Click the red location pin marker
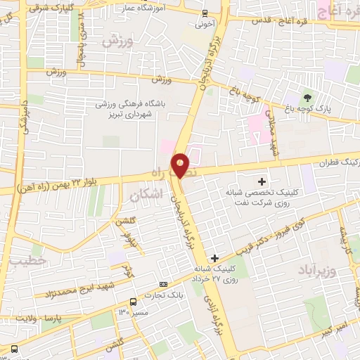(x=181, y=165)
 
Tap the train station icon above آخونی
(x=204, y=13)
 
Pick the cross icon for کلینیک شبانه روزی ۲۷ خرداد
(x=214, y=258)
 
